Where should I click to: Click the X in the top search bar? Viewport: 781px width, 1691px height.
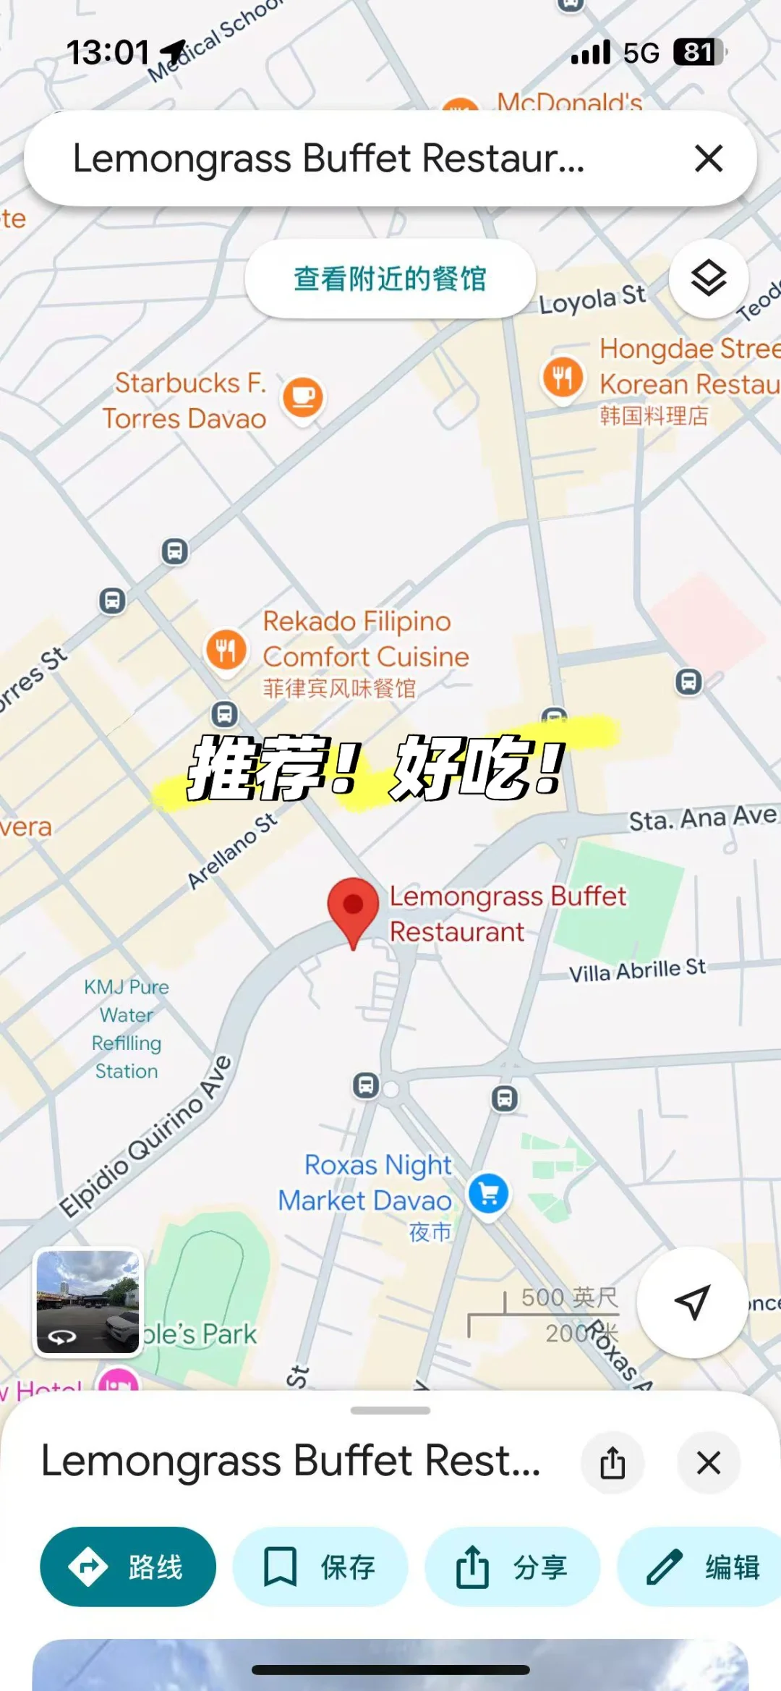pos(709,158)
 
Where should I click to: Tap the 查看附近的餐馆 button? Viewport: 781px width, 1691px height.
pos(390,279)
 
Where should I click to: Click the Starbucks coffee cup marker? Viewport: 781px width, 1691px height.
pos(303,397)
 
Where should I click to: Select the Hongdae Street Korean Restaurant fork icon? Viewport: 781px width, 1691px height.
pos(563,377)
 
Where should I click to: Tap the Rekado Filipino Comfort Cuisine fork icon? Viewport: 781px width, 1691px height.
pos(226,649)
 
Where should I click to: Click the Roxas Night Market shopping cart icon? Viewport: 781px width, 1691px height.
pos(489,1193)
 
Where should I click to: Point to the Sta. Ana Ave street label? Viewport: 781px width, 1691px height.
pos(702,818)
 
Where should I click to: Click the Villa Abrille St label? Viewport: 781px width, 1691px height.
pos(636,970)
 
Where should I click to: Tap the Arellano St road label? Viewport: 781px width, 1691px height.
pos(232,850)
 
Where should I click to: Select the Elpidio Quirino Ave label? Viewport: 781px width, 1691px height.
pos(145,1137)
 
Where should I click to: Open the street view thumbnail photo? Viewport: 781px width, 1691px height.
pos(88,1302)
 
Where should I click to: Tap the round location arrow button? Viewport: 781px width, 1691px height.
pos(692,1302)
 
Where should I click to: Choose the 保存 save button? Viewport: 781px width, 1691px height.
pos(320,1567)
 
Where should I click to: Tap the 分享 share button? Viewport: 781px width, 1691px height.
pos(512,1567)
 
